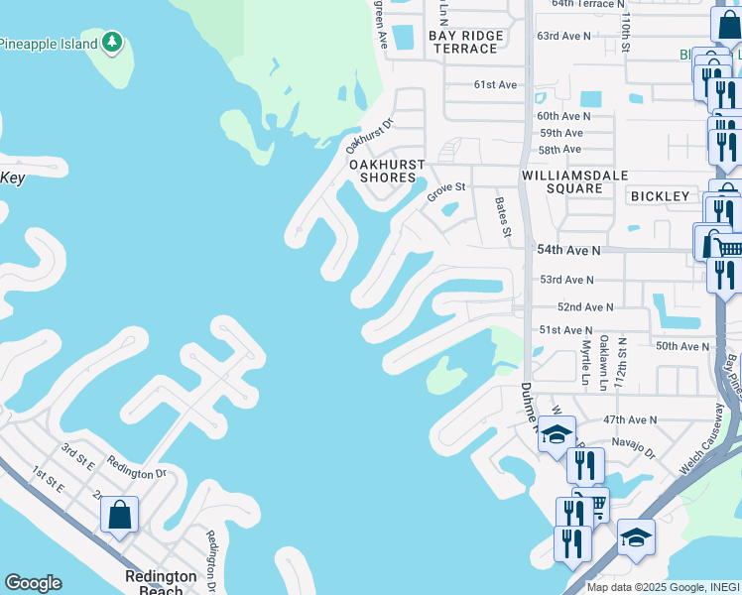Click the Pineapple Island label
(x=48, y=44)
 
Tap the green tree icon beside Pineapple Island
(x=113, y=43)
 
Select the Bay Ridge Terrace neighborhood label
(x=466, y=42)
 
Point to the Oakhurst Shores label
(x=387, y=171)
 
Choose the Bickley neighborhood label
(x=660, y=196)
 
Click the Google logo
(x=33, y=583)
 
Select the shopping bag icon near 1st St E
(x=119, y=516)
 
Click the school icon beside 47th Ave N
(x=556, y=434)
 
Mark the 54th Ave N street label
(x=568, y=252)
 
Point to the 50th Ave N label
(x=682, y=346)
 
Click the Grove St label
(x=446, y=190)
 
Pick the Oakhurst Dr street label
(x=371, y=137)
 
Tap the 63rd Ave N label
(x=563, y=36)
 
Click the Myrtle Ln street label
(x=585, y=360)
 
